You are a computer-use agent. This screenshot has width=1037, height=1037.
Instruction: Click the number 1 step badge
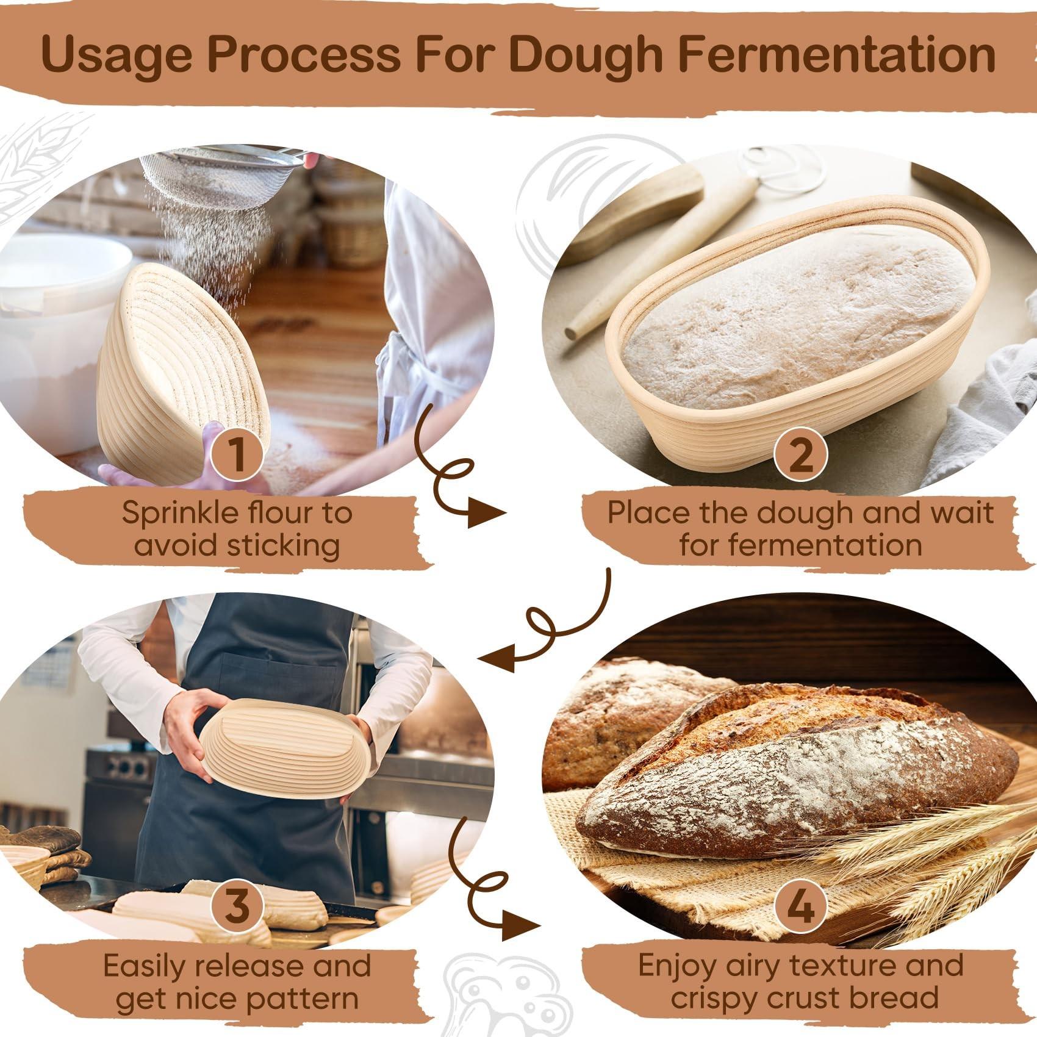(237, 454)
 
